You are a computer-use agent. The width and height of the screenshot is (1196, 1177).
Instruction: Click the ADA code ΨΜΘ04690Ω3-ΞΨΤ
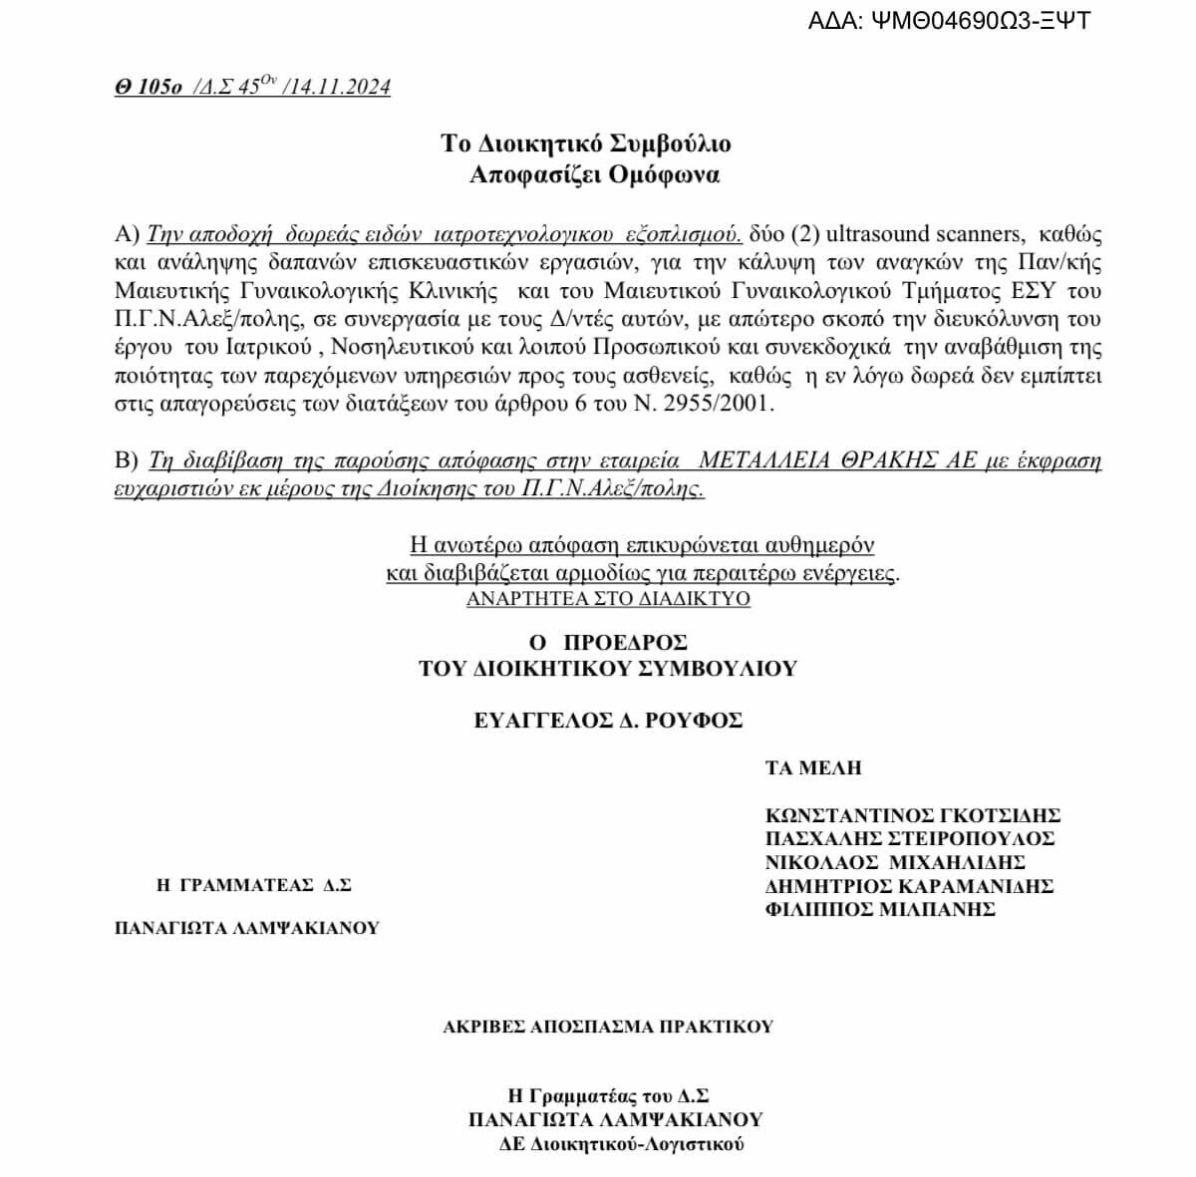coord(978,20)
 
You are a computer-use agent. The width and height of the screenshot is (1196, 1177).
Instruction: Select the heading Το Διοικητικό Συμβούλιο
coord(586,144)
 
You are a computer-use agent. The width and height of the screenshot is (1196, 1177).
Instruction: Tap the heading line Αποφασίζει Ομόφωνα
coord(594,175)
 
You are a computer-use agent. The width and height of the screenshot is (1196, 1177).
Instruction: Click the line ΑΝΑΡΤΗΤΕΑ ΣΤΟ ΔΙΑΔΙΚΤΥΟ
coord(608,599)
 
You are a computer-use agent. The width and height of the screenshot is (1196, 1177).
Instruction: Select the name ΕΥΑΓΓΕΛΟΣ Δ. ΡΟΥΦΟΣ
coord(608,720)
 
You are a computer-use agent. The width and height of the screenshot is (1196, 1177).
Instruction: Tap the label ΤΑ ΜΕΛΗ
coord(812,768)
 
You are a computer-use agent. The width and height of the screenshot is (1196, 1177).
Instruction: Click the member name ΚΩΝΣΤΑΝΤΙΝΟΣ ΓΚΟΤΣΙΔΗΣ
coord(912,816)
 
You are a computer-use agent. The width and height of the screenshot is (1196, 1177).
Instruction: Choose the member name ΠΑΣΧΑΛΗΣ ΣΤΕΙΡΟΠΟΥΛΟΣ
coord(909,839)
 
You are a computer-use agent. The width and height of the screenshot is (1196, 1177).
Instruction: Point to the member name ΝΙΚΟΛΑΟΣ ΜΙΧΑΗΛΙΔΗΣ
coord(895,862)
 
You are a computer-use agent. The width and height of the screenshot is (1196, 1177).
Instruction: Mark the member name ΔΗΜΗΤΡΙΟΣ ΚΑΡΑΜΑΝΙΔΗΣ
coord(909,885)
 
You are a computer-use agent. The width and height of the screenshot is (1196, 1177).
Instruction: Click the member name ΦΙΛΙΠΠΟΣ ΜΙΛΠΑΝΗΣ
coord(880,908)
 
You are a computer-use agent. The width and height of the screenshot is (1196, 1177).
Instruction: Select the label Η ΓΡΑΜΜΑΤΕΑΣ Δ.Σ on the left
coord(254,884)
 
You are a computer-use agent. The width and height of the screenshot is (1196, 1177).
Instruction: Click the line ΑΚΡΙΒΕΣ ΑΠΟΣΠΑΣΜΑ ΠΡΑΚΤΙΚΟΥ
coord(608,1027)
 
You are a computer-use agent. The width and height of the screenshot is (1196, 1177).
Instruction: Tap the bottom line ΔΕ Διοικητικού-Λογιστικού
coord(622,1145)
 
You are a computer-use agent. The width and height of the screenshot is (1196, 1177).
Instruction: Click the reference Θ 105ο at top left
coord(148,88)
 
